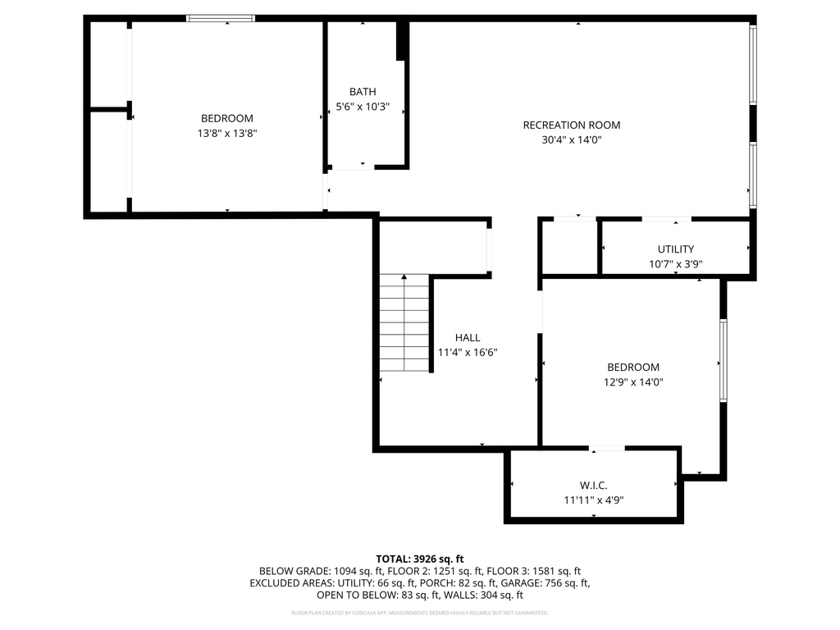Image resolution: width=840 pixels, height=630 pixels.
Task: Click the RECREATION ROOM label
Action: click(x=572, y=126)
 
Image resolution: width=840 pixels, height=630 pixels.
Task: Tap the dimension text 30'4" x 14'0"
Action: click(x=572, y=139)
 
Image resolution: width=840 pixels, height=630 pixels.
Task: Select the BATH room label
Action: click(x=363, y=92)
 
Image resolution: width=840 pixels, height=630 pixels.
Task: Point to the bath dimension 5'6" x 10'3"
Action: click(x=363, y=107)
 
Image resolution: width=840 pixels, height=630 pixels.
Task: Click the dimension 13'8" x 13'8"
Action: click(x=227, y=133)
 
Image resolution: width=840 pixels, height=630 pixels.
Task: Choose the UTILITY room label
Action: click(x=675, y=249)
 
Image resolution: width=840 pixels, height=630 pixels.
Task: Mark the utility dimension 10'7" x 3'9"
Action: click(x=675, y=264)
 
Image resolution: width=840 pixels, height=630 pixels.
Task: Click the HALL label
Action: click(x=468, y=337)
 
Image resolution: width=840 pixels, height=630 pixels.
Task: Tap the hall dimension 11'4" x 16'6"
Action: click(x=468, y=352)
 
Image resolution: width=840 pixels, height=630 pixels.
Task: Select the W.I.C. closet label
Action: click(x=593, y=486)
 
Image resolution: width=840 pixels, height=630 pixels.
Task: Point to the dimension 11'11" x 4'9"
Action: click(x=593, y=500)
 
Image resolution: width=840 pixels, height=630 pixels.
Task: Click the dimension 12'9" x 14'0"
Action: click(x=632, y=382)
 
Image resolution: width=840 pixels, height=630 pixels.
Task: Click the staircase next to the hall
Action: click(x=404, y=323)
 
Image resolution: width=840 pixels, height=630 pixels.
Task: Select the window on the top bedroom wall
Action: click(x=221, y=18)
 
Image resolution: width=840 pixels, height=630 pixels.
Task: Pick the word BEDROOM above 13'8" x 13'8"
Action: click(x=227, y=118)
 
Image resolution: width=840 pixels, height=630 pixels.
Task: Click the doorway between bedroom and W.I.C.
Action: click(x=607, y=448)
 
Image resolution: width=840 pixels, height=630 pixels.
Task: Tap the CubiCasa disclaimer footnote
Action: click(x=420, y=613)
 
